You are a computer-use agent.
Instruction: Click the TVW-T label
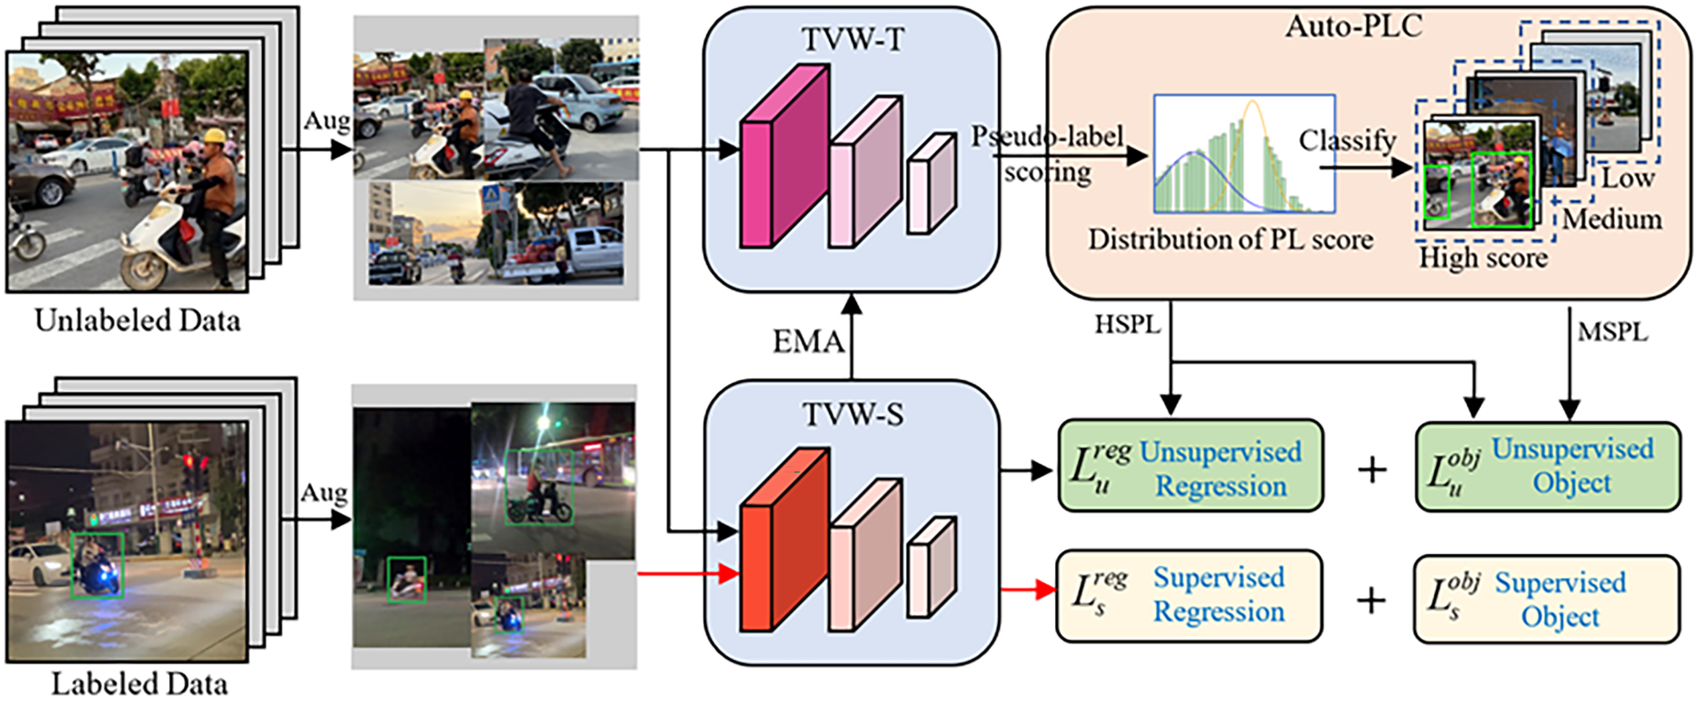[x=853, y=39]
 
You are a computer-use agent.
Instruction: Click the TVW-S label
[x=853, y=414]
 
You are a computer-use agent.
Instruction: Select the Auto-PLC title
[x=1354, y=26]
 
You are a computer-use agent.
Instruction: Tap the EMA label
[x=807, y=341]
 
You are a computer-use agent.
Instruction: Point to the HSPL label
[x=1127, y=325]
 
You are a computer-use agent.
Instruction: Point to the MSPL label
[x=1612, y=332]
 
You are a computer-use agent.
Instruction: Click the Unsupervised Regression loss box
[x=1191, y=466]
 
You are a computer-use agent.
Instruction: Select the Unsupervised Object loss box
[x=1548, y=467]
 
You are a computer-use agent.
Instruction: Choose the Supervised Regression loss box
[x=1189, y=596]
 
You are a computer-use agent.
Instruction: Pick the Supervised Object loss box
[x=1546, y=600]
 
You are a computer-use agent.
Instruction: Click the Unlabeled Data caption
[x=137, y=320]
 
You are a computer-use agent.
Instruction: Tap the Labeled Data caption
[x=139, y=683]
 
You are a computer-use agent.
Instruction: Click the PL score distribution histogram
[x=1244, y=154]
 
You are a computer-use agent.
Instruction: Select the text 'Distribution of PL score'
[x=1230, y=239]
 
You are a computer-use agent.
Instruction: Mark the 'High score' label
[x=1483, y=258]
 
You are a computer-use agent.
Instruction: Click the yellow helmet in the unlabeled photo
[x=216, y=137]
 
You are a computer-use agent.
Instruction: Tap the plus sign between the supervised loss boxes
[x=1371, y=600]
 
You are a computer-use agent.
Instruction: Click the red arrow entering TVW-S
[x=688, y=574]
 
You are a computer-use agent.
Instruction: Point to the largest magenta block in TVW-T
[x=784, y=156]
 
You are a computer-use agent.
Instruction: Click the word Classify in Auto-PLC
[x=1347, y=141]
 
